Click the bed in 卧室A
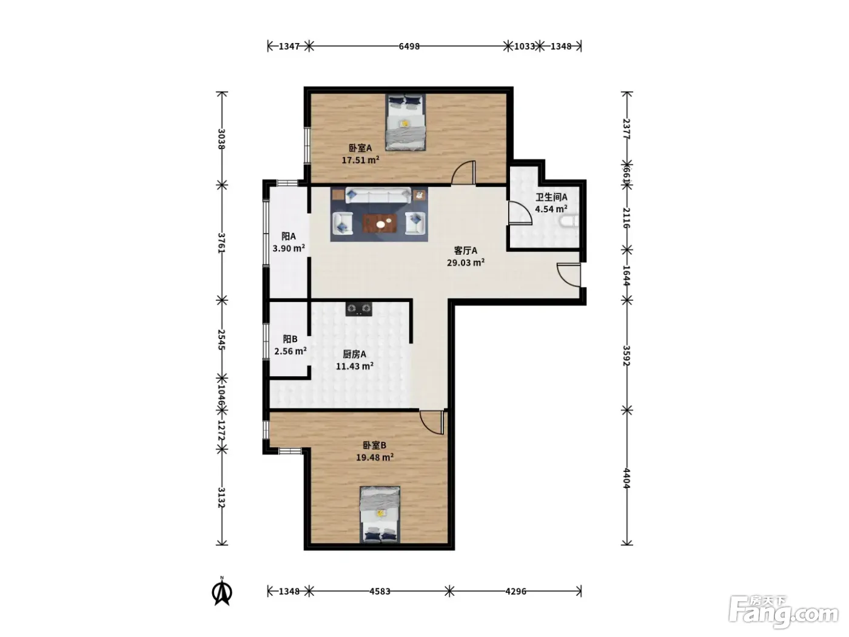click(405, 122)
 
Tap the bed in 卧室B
click(380, 514)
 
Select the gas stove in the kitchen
click(359, 309)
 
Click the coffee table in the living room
click(380, 223)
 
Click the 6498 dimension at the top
click(409, 47)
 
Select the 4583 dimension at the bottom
click(380, 591)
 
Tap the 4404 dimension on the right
click(627, 478)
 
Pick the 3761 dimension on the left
click(221, 243)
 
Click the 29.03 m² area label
click(466, 263)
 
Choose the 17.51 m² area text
click(360, 160)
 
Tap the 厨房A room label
click(354, 354)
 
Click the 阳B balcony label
click(290, 339)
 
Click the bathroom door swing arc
click(520, 213)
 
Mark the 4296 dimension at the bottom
click(515, 591)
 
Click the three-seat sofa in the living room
click(378, 195)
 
